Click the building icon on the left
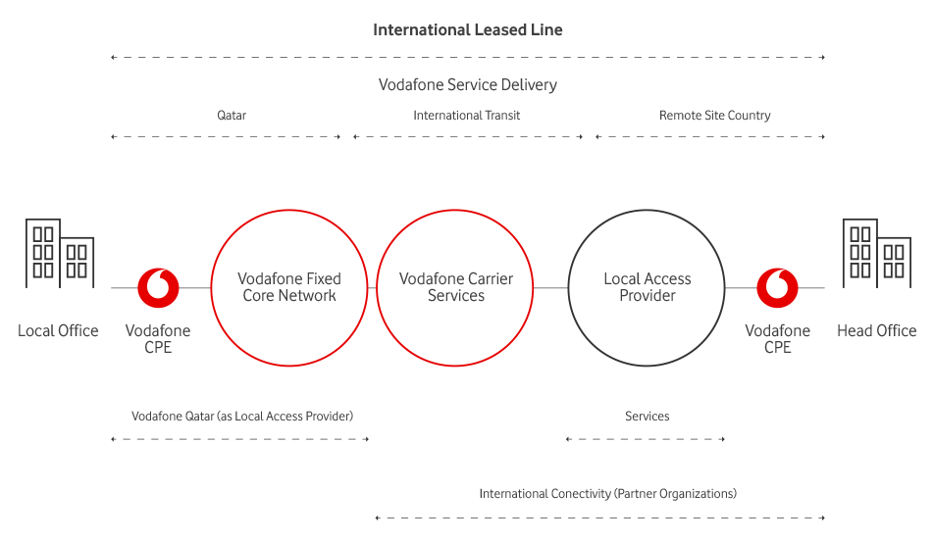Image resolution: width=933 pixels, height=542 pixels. click(60, 253)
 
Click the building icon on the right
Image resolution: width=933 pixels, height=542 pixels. click(875, 253)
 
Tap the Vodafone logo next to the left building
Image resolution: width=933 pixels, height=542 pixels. click(158, 288)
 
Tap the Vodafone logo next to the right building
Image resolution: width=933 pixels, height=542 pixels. click(777, 288)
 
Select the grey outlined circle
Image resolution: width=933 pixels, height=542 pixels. click(646, 288)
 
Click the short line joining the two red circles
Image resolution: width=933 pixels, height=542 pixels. click(372, 288)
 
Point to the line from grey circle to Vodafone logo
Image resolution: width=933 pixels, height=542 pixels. click(740, 288)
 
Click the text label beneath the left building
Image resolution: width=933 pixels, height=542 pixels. click(58, 331)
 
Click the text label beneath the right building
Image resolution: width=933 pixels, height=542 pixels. click(876, 331)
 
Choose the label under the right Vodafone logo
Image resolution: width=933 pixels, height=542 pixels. click(777, 338)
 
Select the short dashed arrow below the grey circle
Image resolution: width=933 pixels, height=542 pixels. click(644, 439)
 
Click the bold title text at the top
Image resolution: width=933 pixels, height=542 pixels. click(467, 29)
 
